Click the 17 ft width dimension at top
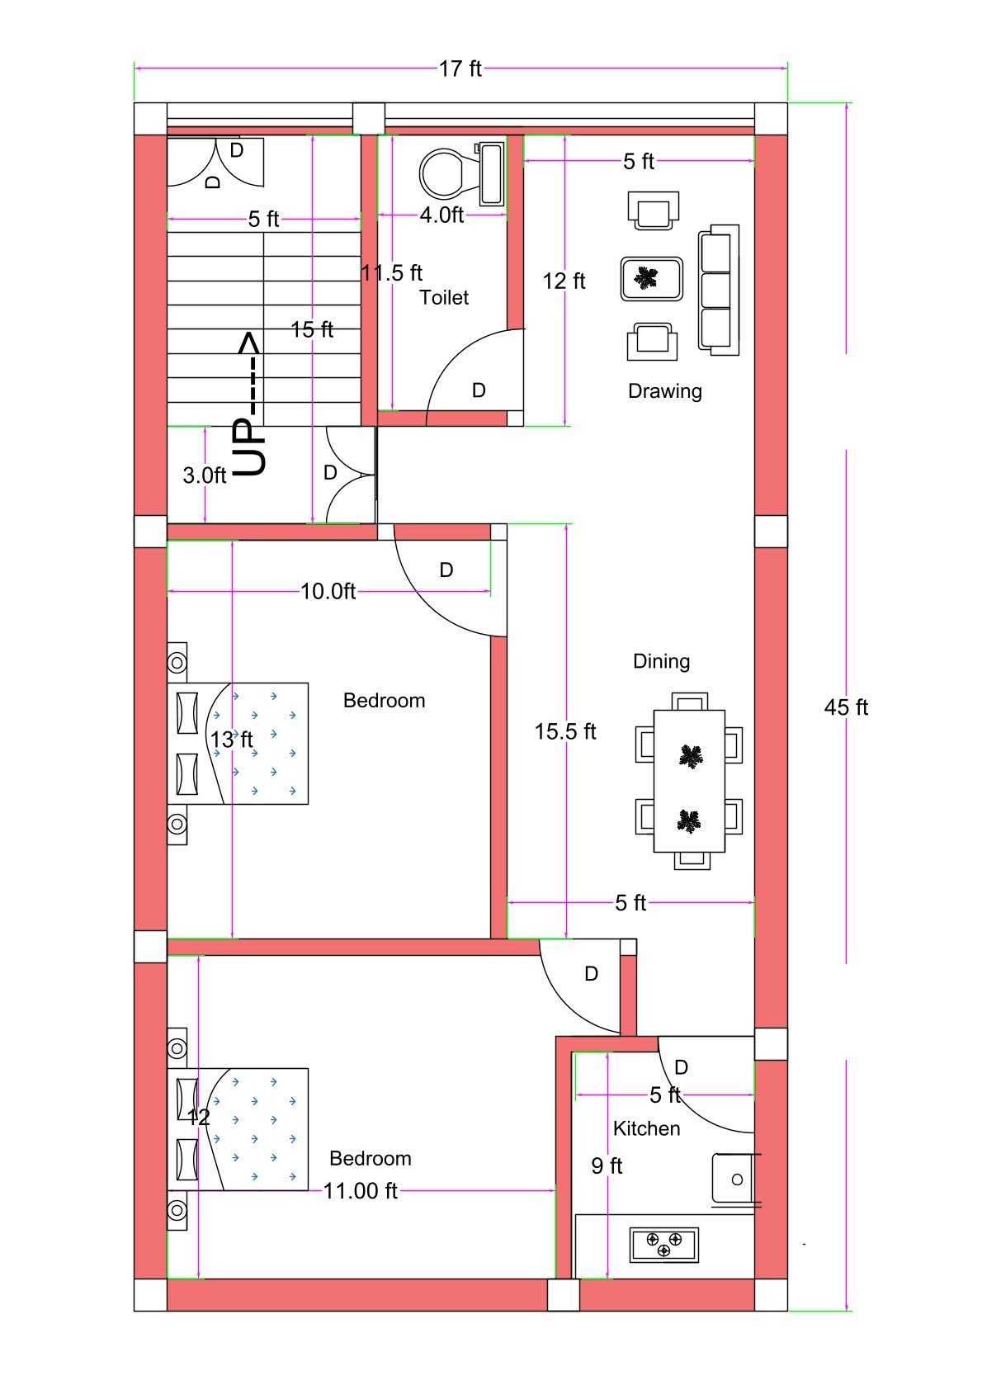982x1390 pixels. coord(460,69)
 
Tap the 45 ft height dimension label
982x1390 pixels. coord(846,707)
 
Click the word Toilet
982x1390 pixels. coord(444,298)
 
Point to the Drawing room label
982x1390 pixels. coord(664,391)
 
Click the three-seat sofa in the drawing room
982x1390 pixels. coord(718,290)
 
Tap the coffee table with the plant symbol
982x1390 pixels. coord(652,279)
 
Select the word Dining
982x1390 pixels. coord(661,661)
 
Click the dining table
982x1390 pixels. coord(689,781)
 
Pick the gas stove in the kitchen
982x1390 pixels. coord(663,1245)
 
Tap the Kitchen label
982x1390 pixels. coord(646,1128)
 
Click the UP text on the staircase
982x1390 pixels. coord(250,446)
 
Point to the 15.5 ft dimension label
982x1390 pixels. coord(565,731)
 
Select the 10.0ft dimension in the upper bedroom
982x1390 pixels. coord(328,591)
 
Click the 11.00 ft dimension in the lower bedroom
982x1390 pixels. coord(360,1191)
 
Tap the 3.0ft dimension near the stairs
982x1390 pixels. coord(204,475)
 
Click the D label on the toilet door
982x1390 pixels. coord(479,390)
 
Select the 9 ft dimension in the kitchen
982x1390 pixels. coord(607,1165)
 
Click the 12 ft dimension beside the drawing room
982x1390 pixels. coord(564,281)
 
